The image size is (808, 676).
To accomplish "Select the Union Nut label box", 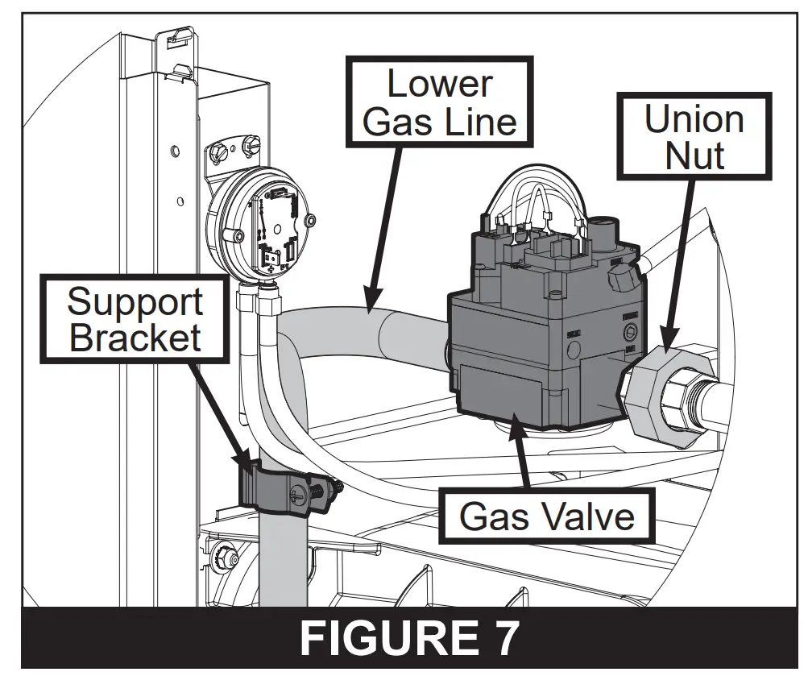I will click(x=694, y=135).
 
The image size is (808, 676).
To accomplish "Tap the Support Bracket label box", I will click(x=135, y=319).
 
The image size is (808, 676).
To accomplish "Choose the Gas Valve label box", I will click(x=547, y=515).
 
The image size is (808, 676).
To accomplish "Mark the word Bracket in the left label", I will click(x=135, y=337).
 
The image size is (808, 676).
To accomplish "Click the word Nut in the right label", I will click(x=694, y=154).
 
